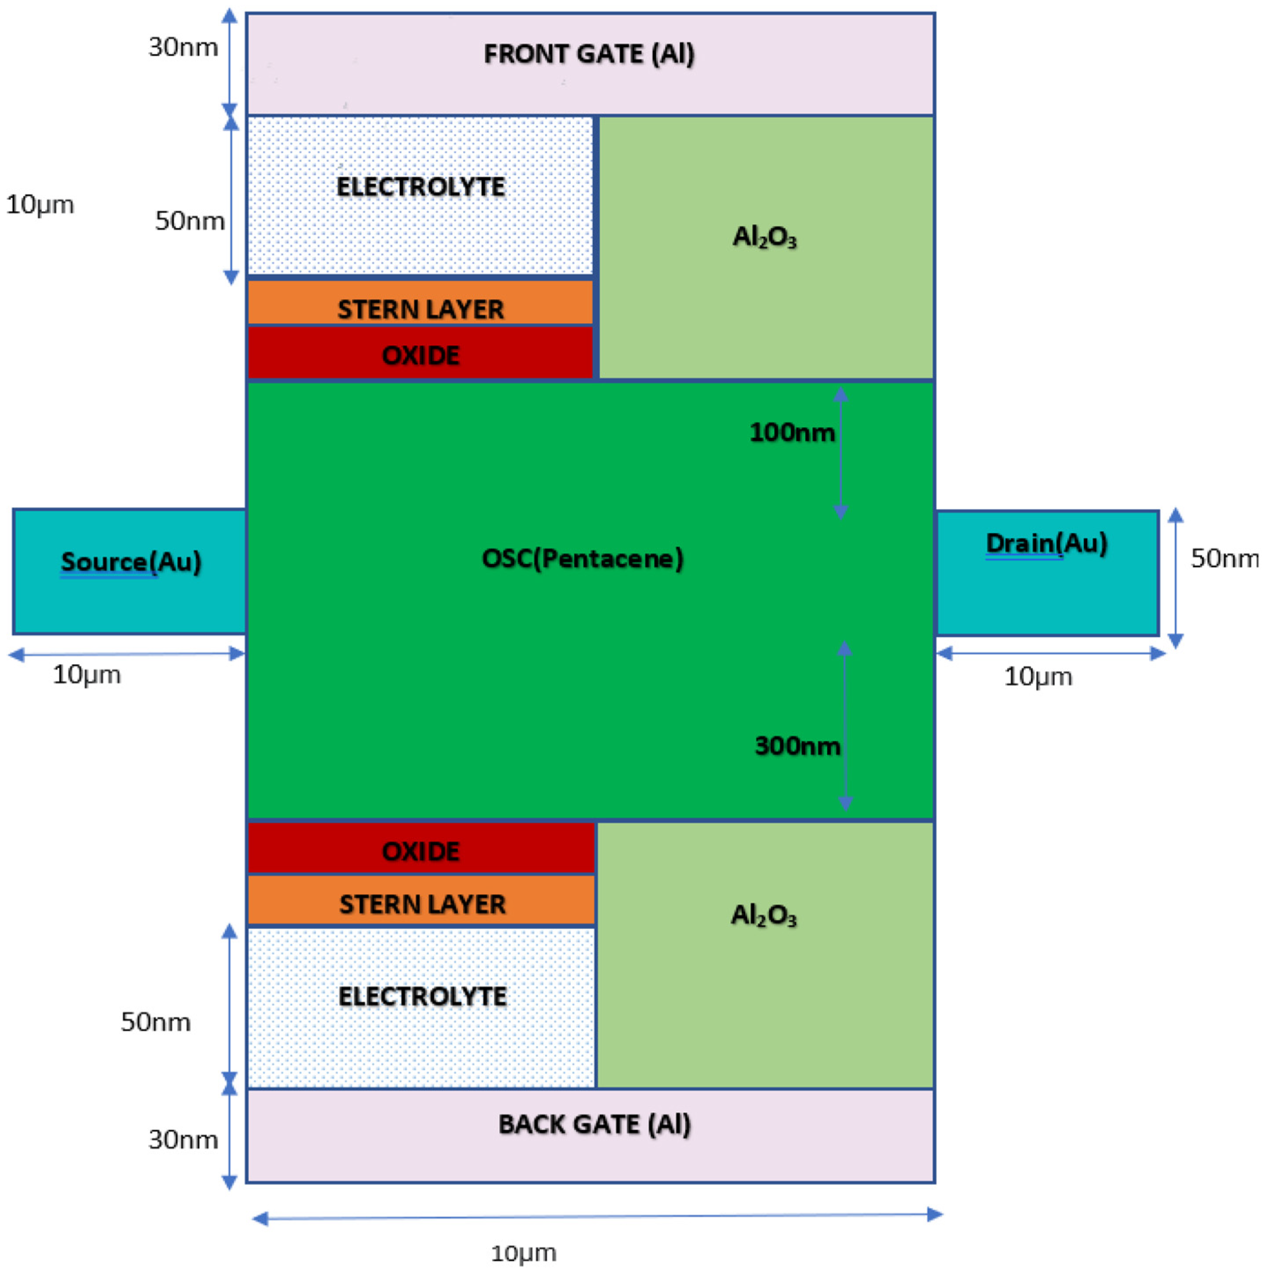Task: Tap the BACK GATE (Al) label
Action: (x=595, y=1123)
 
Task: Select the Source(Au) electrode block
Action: (x=130, y=571)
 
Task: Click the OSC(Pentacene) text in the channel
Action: (x=583, y=559)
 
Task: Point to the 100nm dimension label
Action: (x=792, y=432)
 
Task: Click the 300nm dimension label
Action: (x=797, y=746)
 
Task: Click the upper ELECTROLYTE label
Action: (x=421, y=187)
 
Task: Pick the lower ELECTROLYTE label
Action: (x=423, y=996)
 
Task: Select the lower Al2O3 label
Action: (x=763, y=915)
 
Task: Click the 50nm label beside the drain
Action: (x=1224, y=559)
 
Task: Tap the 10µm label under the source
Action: (x=86, y=675)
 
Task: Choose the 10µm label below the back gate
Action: (x=523, y=1253)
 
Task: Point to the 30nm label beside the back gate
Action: (x=183, y=1140)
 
